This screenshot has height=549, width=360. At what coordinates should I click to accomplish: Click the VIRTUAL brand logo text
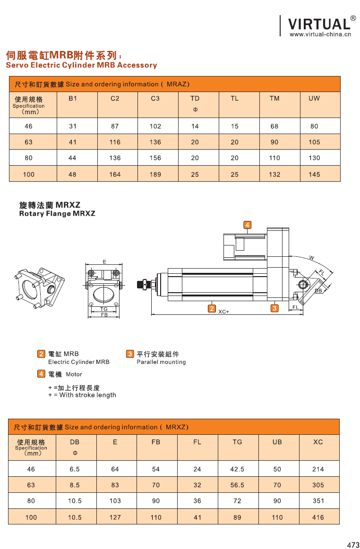(x=318, y=24)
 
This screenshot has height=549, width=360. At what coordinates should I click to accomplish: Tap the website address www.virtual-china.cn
(x=320, y=34)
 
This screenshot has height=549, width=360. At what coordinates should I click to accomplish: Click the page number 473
(x=353, y=545)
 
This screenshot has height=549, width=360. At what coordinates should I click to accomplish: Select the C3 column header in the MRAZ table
(x=155, y=98)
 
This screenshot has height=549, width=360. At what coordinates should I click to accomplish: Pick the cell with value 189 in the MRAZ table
(x=155, y=174)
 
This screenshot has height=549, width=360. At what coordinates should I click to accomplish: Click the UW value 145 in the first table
(x=314, y=174)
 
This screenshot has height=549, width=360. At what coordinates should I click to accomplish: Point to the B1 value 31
(x=72, y=126)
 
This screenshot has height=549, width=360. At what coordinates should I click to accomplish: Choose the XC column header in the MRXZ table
(x=318, y=442)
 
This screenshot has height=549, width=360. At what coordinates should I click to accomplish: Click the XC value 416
(x=318, y=517)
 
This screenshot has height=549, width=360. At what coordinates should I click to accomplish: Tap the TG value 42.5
(x=237, y=469)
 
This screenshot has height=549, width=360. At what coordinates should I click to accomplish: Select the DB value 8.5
(x=75, y=485)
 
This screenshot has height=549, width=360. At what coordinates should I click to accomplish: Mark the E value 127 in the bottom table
(x=115, y=517)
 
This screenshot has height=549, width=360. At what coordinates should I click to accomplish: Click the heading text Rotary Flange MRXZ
(x=57, y=213)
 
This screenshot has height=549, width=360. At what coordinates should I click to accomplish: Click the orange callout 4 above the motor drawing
(x=248, y=224)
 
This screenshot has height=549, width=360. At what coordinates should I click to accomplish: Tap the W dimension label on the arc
(x=311, y=257)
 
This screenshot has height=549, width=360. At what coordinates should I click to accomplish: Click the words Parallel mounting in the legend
(x=161, y=362)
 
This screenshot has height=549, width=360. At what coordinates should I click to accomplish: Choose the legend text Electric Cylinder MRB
(x=78, y=362)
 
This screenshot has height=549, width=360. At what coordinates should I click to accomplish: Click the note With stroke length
(x=87, y=395)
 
